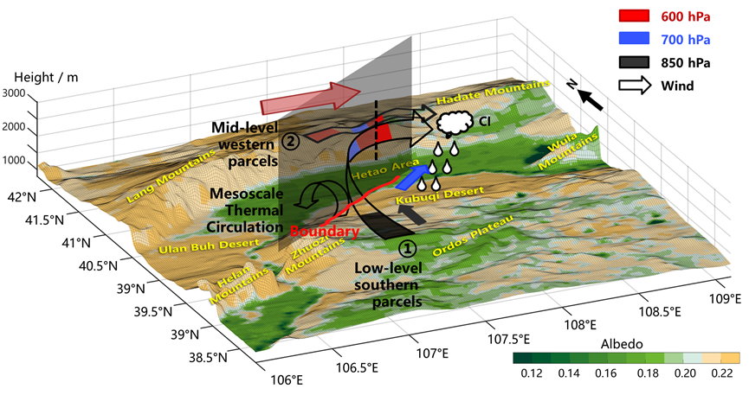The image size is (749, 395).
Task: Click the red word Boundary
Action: click(x=325, y=232)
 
